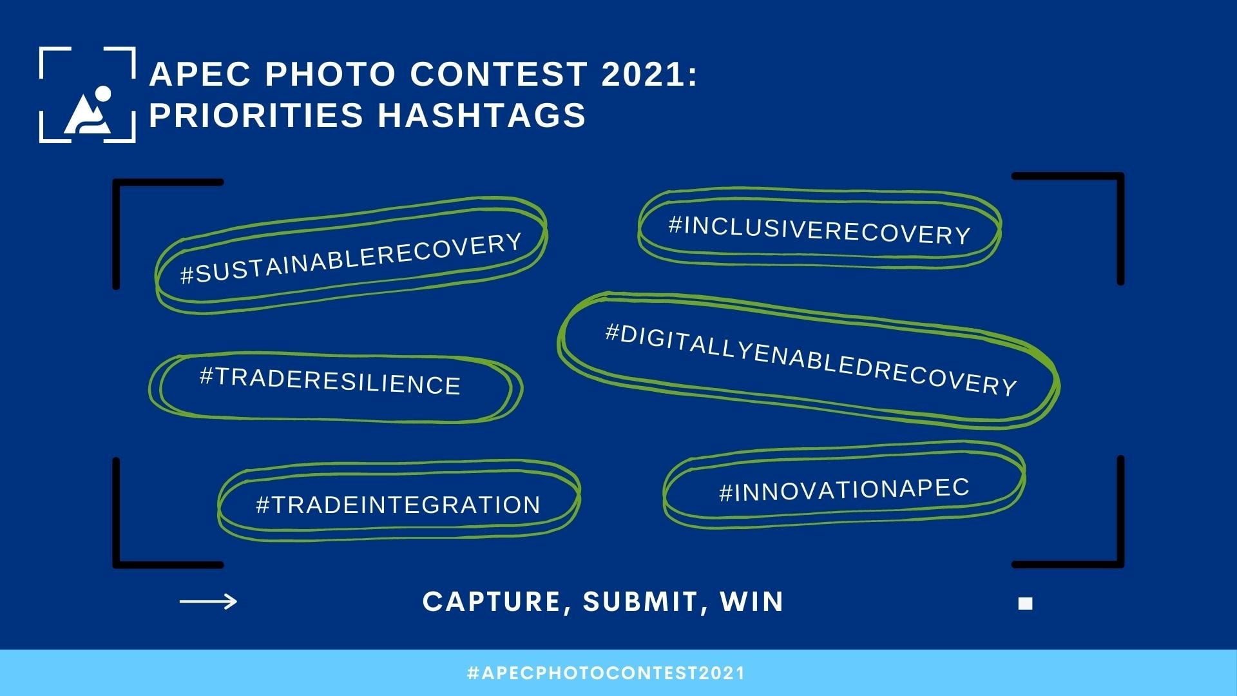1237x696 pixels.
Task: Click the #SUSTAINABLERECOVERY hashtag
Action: pyautogui.click(x=350, y=257)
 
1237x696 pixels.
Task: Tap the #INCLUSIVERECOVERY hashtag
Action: pyautogui.click(x=820, y=230)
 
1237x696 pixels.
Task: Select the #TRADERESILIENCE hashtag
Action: pyautogui.click(x=330, y=381)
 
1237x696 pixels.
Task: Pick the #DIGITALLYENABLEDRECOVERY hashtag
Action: pyautogui.click(x=811, y=359)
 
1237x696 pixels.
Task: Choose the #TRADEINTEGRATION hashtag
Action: pyautogui.click(x=398, y=505)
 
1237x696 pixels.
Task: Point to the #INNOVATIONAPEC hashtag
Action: pyautogui.click(x=844, y=490)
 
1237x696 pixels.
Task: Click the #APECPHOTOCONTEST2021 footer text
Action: pyautogui.click(x=606, y=673)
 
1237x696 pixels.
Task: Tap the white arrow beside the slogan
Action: pyautogui.click(x=208, y=601)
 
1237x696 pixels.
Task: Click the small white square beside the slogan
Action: pyautogui.click(x=1025, y=603)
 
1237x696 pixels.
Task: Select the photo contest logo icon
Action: pyautogui.click(x=87, y=95)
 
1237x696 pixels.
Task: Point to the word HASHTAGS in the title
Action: pyautogui.click(x=481, y=115)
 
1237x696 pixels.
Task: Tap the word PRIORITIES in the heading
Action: pyautogui.click(x=256, y=115)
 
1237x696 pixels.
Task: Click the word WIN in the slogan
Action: pyautogui.click(x=751, y=602)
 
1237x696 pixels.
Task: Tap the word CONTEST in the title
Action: pyautogui.click(x=498, y=74)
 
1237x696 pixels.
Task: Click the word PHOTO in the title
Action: pyautogui.click(x=330, y=74)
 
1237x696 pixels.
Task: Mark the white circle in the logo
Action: pyautogui.click(x=102, y=93)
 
